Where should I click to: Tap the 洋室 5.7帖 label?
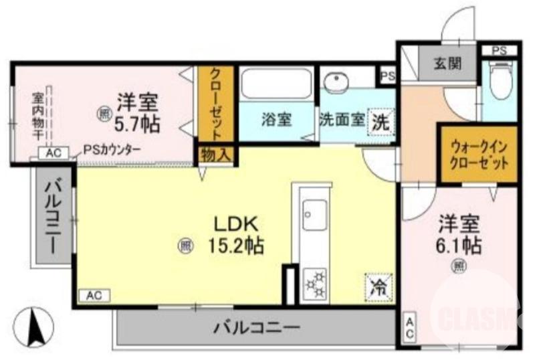(138, 112)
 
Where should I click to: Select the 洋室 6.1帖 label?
(459, 233)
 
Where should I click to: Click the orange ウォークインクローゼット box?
(477, 154)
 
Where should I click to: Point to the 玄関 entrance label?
(447, 65)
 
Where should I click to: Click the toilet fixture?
(499, 81)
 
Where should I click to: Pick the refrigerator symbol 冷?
(379, 288)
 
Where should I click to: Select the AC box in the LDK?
(94, 294)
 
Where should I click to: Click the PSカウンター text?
(112, 151)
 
